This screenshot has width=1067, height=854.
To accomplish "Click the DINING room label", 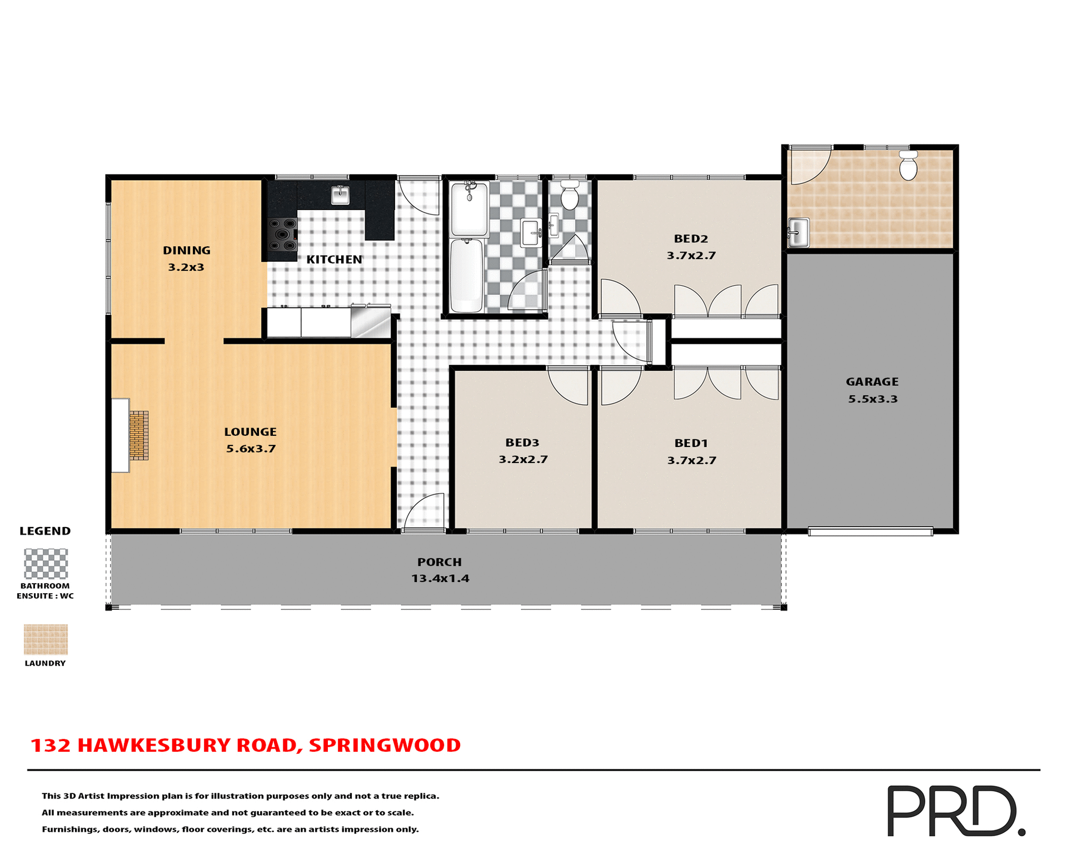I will (186, 251).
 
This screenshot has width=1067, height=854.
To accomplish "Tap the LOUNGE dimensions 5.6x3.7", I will (251, 449).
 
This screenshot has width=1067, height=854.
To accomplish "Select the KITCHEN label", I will (334, 260).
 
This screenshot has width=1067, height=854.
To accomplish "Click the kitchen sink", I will (340, 195).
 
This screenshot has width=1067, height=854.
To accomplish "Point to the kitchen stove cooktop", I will (282, 235).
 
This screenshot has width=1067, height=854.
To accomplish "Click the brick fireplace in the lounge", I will (139, 435).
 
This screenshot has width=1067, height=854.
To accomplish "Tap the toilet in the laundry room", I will (908, 165).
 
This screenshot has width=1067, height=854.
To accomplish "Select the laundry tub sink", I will (798, 232).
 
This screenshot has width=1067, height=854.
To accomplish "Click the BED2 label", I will (691, 239).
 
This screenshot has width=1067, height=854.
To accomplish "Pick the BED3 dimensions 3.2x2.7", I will (523, 460).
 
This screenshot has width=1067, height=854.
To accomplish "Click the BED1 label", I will (691, 443).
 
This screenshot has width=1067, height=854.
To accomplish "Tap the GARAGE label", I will (872, 382).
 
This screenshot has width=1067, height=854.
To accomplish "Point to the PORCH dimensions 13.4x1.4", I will (440, 579).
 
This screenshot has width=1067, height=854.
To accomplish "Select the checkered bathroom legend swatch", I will (46, 564).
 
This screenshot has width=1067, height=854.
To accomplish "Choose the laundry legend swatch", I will (46, 639).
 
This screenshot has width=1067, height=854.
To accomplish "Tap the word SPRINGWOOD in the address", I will (385, 746).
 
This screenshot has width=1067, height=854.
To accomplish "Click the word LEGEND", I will (45, 531).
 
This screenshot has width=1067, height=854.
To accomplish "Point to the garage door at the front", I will (870, 532).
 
